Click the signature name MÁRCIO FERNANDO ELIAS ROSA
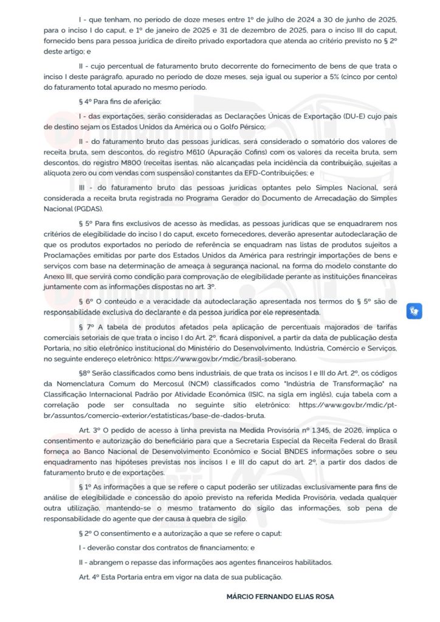[280, 597]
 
